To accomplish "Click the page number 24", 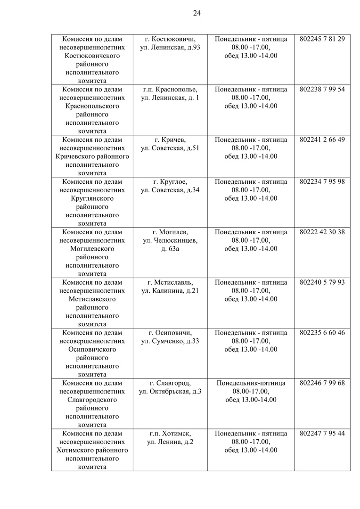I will coord(197,13).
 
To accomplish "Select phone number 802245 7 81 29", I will coord(322,39).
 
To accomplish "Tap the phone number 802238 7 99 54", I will coord(322,89).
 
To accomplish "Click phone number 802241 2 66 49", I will coord(322,140).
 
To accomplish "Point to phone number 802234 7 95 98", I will coord(322,181).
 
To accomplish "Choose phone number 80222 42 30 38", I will coord(322,232).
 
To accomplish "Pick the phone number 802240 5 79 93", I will coord(322,282).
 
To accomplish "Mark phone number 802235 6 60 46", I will coord(322,333).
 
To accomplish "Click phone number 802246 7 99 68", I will coord(322,383).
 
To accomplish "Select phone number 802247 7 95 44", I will coord(322,434).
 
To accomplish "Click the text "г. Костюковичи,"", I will coord(170,39).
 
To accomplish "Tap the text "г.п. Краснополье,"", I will coord(170,89).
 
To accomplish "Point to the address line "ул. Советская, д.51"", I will coord(170,148).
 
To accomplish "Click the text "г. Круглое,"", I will coord(170,181).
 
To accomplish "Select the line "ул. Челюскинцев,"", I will coord(170,240).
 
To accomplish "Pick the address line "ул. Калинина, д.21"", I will coord(170,291).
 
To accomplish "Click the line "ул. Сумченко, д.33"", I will coord(170,341).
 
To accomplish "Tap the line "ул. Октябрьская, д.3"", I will coord(170,392).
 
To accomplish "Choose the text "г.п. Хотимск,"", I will coord(170,434).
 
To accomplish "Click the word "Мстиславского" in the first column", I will coord(92,299).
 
